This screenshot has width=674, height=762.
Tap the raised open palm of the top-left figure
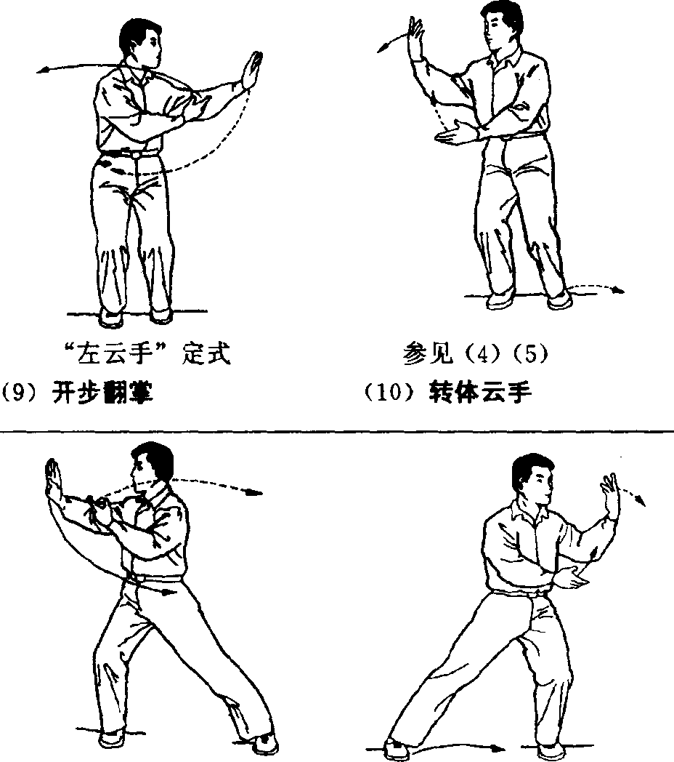click(x=251, y=71)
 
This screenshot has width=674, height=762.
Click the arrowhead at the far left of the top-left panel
click(x=41, y=71)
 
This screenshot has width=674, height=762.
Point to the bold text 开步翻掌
click(x=102, y=392)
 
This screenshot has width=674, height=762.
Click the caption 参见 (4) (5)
click(x=476, y=353)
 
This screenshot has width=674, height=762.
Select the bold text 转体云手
click(x=480, y=392)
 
